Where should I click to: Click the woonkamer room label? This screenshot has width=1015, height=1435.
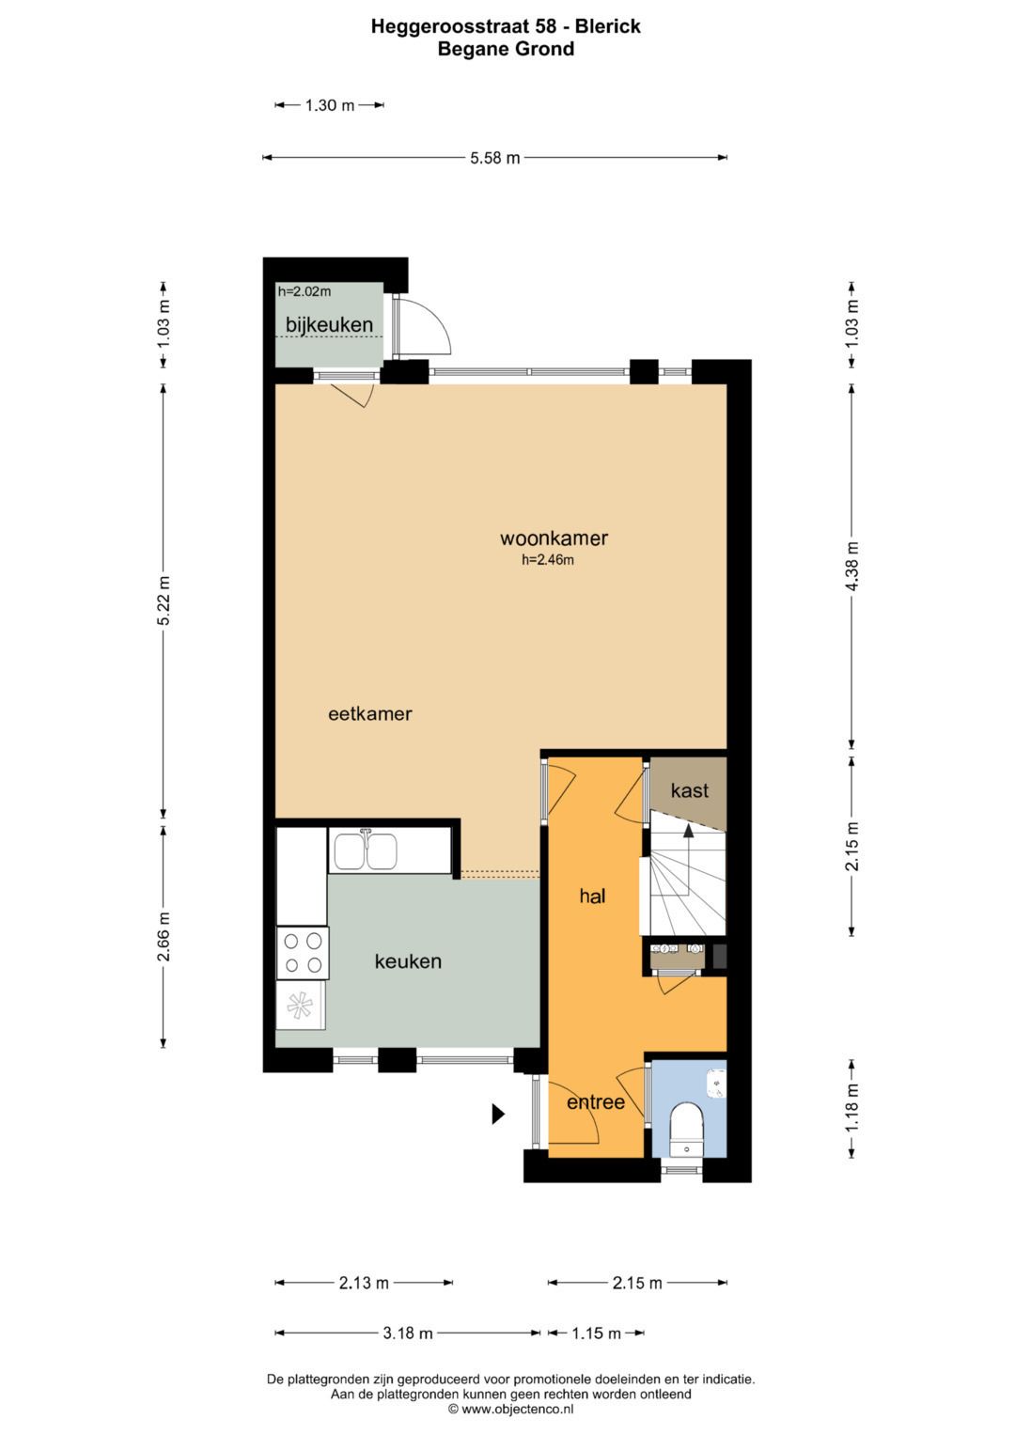(554, 538)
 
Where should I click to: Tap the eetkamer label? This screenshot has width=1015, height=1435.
(369, 713)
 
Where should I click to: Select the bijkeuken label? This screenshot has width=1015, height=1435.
(329, 325)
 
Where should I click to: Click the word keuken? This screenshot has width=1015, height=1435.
(408, 961)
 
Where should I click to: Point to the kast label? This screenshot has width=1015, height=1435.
(690, 790)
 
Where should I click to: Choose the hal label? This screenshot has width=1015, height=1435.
(592, 896)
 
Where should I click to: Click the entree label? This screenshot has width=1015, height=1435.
(595, 1102)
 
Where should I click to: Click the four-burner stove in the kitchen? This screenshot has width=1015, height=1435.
(303, 953)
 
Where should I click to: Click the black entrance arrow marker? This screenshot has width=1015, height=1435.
(498, 1114)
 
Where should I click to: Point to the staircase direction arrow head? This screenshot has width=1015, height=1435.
(688, 831)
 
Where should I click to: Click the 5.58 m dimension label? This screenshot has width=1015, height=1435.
(494, 158)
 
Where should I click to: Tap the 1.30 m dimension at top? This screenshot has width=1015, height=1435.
(329, 105)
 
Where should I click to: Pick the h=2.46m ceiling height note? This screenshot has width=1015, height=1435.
(547, 560)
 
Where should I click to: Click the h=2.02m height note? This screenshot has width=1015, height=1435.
(304, 292)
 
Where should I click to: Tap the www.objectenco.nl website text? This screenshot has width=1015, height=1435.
(517, 1409)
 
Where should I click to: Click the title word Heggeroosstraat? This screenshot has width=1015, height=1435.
(450, 26)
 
